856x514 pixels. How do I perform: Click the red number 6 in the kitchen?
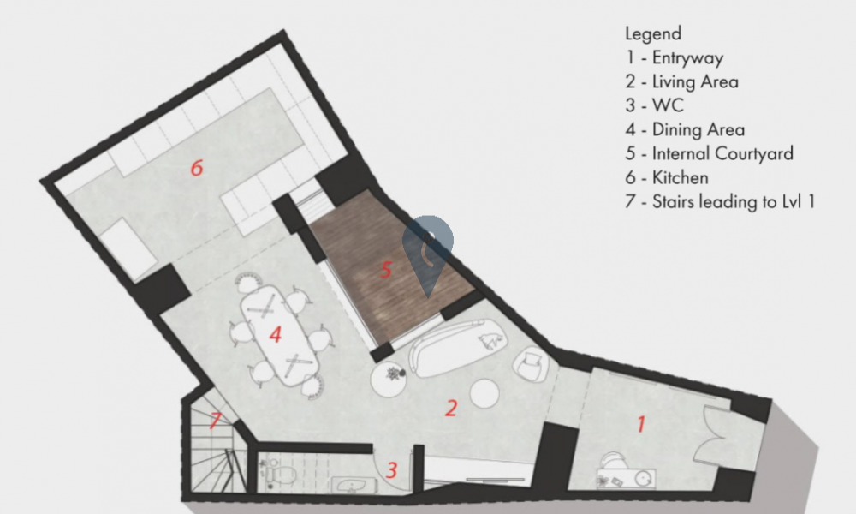point(197,167)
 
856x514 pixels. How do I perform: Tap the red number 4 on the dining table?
point(276,334)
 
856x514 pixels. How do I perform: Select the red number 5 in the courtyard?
point(387,269)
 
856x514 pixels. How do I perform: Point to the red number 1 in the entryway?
point(641,424)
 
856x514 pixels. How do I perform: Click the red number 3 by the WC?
point(391,469)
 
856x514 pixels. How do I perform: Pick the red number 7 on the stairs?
point(215,420)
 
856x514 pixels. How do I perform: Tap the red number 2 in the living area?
point(451,408)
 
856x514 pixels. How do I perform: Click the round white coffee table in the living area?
point(484,393)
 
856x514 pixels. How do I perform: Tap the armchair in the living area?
point(530,363)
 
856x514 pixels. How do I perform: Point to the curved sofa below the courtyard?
point(457,348)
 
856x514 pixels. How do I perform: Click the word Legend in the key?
point(653,33)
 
